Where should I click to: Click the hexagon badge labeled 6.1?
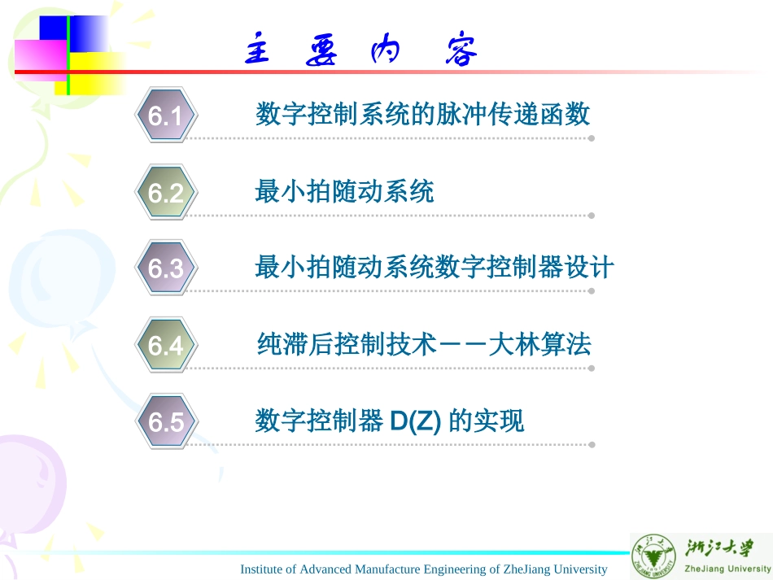(165, 116)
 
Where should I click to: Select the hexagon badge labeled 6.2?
(165, 193)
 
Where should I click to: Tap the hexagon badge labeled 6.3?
(165, 268)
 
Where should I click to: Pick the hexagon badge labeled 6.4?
(165, 346)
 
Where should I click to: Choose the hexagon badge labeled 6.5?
(165, 422)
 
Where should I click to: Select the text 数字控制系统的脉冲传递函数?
(422, 115)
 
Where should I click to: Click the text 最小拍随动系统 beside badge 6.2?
(344, 191)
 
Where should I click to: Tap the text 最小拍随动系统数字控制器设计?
(434, 268)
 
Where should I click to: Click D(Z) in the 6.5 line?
(415, 421)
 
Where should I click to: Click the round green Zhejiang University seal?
(654, 557)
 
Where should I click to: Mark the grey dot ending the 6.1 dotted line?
(592, 138)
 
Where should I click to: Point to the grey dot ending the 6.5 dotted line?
(592, 445)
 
